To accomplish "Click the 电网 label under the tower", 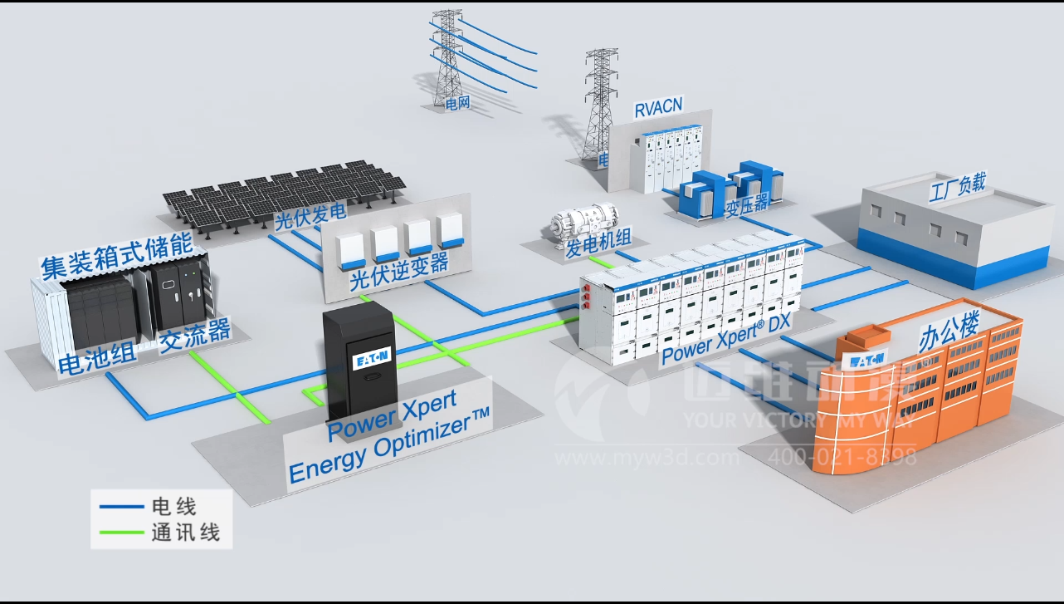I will [458, 104].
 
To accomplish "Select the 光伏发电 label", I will [310, 218].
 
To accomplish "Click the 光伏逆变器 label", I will [399, 272].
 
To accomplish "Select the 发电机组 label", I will [598, 241].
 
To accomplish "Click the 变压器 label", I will [747, 202].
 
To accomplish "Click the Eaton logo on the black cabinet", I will [372, 359].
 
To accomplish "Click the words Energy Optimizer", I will [388, 445].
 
